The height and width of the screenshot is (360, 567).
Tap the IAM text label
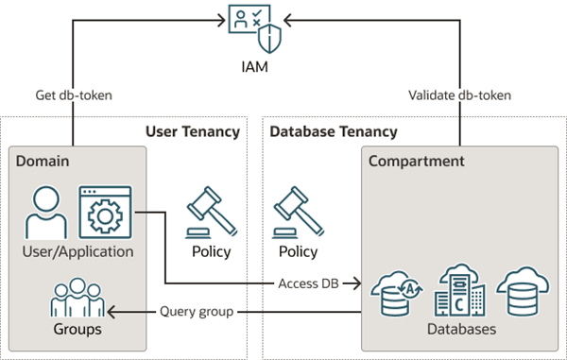tap(255, 67)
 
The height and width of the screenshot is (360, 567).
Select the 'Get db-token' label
tap(74, 95)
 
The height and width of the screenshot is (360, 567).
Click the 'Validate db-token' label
tap(459, 95)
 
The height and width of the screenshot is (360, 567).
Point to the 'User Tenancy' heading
tap(193, 131)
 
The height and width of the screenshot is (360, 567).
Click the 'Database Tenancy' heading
tap(334, 131)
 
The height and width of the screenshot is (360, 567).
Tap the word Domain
tap(43, 162)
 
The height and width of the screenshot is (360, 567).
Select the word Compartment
tap(416, 162)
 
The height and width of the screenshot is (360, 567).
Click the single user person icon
tap(46, 213)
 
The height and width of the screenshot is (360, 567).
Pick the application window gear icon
tap(105, 213)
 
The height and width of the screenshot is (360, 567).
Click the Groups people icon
tap(77, 298)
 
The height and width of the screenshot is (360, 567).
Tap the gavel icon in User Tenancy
tap(212, 213)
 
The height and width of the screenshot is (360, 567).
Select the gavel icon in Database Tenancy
tap(299, 213)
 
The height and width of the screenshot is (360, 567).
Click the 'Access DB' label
tap(308, 283)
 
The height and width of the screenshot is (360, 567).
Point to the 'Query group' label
tap(197, 312)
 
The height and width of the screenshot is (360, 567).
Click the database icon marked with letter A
tap(397, 294)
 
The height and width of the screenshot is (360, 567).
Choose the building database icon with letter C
tap(459, 290)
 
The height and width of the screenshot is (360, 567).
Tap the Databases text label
tap(461, 329)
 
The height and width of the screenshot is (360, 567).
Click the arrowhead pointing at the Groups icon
tap(111, 312)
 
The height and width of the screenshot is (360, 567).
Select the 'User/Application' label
tap(77, 251)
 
